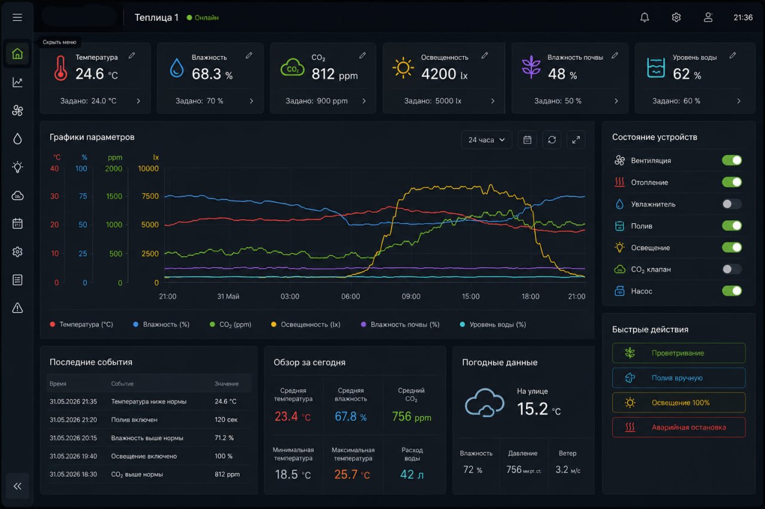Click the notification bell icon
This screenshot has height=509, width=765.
pyautogui.click(x=644, y=17)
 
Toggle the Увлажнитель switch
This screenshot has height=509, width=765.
pyautogui.click(x=732, y=204)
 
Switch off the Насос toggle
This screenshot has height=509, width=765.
pyautogui.click(x=732, y=291)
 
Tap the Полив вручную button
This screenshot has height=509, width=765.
pyautogui.click(x=678, y=378)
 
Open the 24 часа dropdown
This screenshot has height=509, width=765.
pyautogui.click(x=486, y=140)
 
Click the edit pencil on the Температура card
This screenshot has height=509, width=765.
pyautogui.click(x=132, y=55)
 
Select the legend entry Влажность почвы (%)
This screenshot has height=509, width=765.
pyautogui.click(x=400, y=324)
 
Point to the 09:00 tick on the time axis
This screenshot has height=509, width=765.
pyautogui.click(x=411, y=296)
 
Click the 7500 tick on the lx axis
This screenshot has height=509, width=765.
pyautogui.click(x=150, y=196)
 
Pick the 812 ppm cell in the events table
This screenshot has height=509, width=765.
pyautogui.click(x=227, y=474)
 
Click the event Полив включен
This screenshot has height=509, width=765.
pyautogui.click(x=134, y=419)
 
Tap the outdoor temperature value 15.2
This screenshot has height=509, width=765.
pyautogui.click(x=532, y=408)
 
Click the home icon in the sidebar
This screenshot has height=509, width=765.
pyautogui.click(x=17, y=54)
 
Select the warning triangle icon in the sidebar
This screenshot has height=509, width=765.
pyautogui.click(x=17, y=308)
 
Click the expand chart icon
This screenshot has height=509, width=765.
pyautogui.click(x=576, y=140)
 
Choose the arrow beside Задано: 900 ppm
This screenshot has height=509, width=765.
pyautogui.click(x=364, y=101)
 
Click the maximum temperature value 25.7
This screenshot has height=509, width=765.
pyautogui.click(x=345, y=474)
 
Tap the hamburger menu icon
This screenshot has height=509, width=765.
pyautogui.click(x=17, y=17)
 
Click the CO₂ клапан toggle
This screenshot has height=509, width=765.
pyautogui.click(x=732, y=269)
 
